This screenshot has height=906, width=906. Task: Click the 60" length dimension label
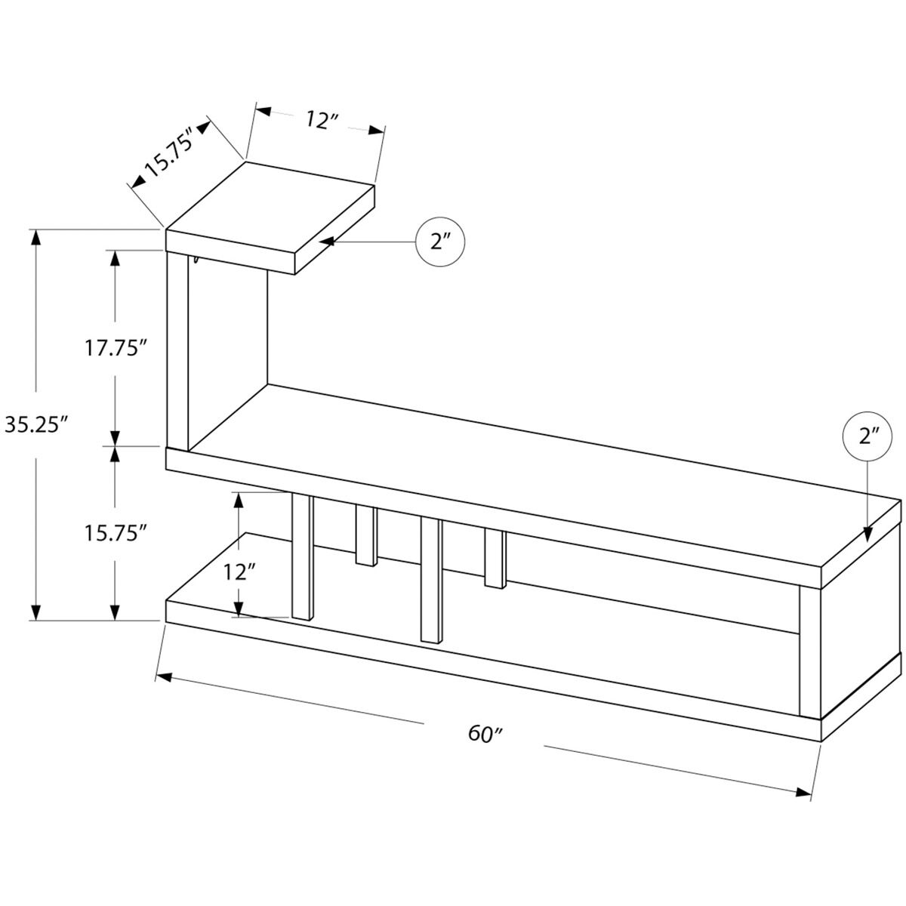485,733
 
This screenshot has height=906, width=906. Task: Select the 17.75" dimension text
114,348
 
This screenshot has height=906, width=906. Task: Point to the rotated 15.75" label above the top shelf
169,150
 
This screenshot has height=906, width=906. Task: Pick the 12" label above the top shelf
322,120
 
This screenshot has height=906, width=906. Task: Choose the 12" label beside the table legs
236,572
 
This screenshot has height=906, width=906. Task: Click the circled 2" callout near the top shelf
439,242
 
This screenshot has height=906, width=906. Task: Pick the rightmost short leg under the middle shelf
495,559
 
